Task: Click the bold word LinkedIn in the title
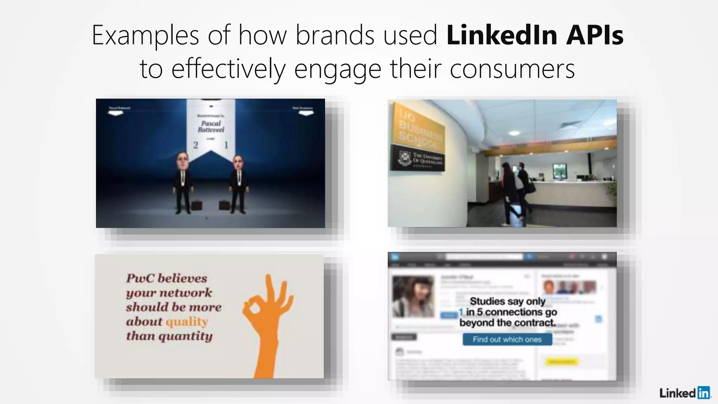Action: click(502, 35)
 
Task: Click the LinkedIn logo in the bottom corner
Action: click(684, 393)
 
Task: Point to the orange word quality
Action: click(187, 322)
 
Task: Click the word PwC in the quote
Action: click(140, 278)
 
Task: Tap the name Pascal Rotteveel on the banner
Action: click(211, 127)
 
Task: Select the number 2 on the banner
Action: click(196, 145)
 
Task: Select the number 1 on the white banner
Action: click(226, 145)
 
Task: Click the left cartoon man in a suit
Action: click(183, 182)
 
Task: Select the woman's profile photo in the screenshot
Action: click(413, 297)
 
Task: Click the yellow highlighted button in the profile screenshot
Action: click(561, 362)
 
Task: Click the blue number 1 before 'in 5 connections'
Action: click(461, 312)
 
